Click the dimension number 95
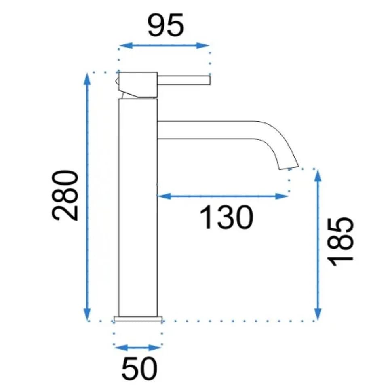point(166,25)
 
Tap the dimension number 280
point(65,195)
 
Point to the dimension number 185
point(340,242)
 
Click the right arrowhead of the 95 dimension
point(202,46)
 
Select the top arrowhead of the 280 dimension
point(87,80)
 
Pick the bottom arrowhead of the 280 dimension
point(87,314)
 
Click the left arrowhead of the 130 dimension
point(164,196)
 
